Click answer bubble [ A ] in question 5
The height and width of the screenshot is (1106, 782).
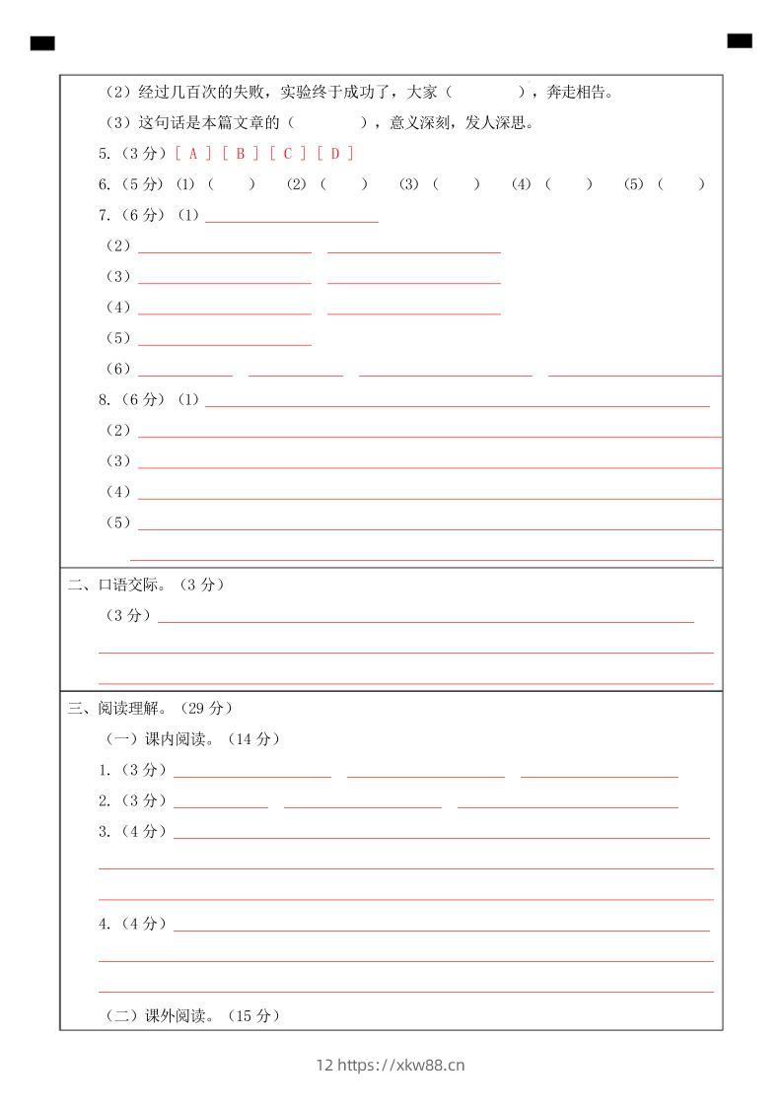[193, 153]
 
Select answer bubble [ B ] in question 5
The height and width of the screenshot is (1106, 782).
[241, 153]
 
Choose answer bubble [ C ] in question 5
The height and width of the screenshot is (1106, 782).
[288, 153]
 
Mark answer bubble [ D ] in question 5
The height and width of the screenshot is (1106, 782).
[335, 153]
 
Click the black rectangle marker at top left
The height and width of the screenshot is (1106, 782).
[42, 42]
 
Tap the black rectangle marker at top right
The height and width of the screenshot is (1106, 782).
[739, 40]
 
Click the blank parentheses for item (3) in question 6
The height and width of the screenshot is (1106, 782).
[457, 183]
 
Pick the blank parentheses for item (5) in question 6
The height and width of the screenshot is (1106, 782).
[681, 183]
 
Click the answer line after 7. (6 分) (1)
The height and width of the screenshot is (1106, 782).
[291, 216]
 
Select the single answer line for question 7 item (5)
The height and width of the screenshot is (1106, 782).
[225, 339]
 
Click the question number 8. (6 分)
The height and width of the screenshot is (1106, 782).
[131, 399]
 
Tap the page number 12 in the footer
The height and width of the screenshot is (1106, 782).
[324, 1065]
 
